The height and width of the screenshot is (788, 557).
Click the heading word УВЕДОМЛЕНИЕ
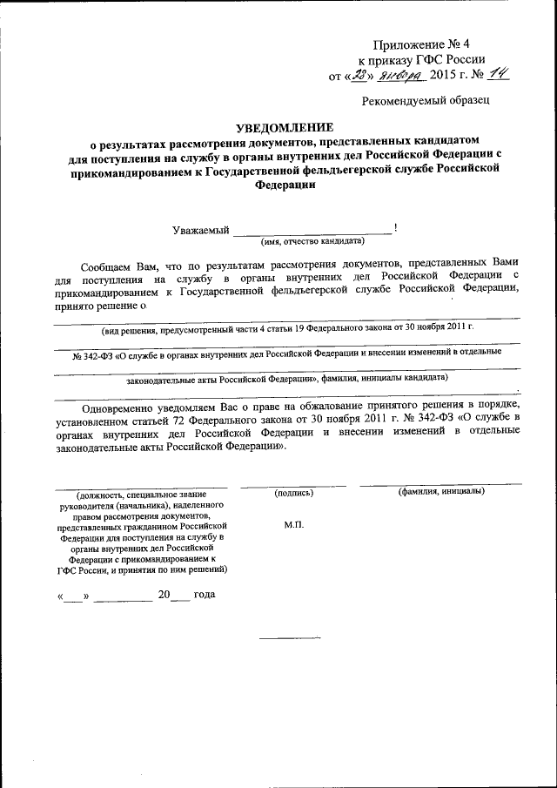(x=278, y=127)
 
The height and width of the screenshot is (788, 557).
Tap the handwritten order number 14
(x=498, y=76)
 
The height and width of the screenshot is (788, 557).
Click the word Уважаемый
(x=201, y=231)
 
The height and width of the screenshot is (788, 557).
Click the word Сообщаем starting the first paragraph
(x=111, y=262)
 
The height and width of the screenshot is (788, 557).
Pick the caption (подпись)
(x=293, y=492)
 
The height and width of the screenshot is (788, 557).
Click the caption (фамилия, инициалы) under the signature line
(x=441, y=492)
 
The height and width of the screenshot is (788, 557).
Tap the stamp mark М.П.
(x=293, y=526)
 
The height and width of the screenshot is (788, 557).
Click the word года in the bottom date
(x=204, y=595)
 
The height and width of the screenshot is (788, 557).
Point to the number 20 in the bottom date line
(x=164, y=595)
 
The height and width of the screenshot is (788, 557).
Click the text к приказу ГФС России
(x=422, y=59)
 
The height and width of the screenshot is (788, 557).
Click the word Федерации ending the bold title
(x=278, y=185)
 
